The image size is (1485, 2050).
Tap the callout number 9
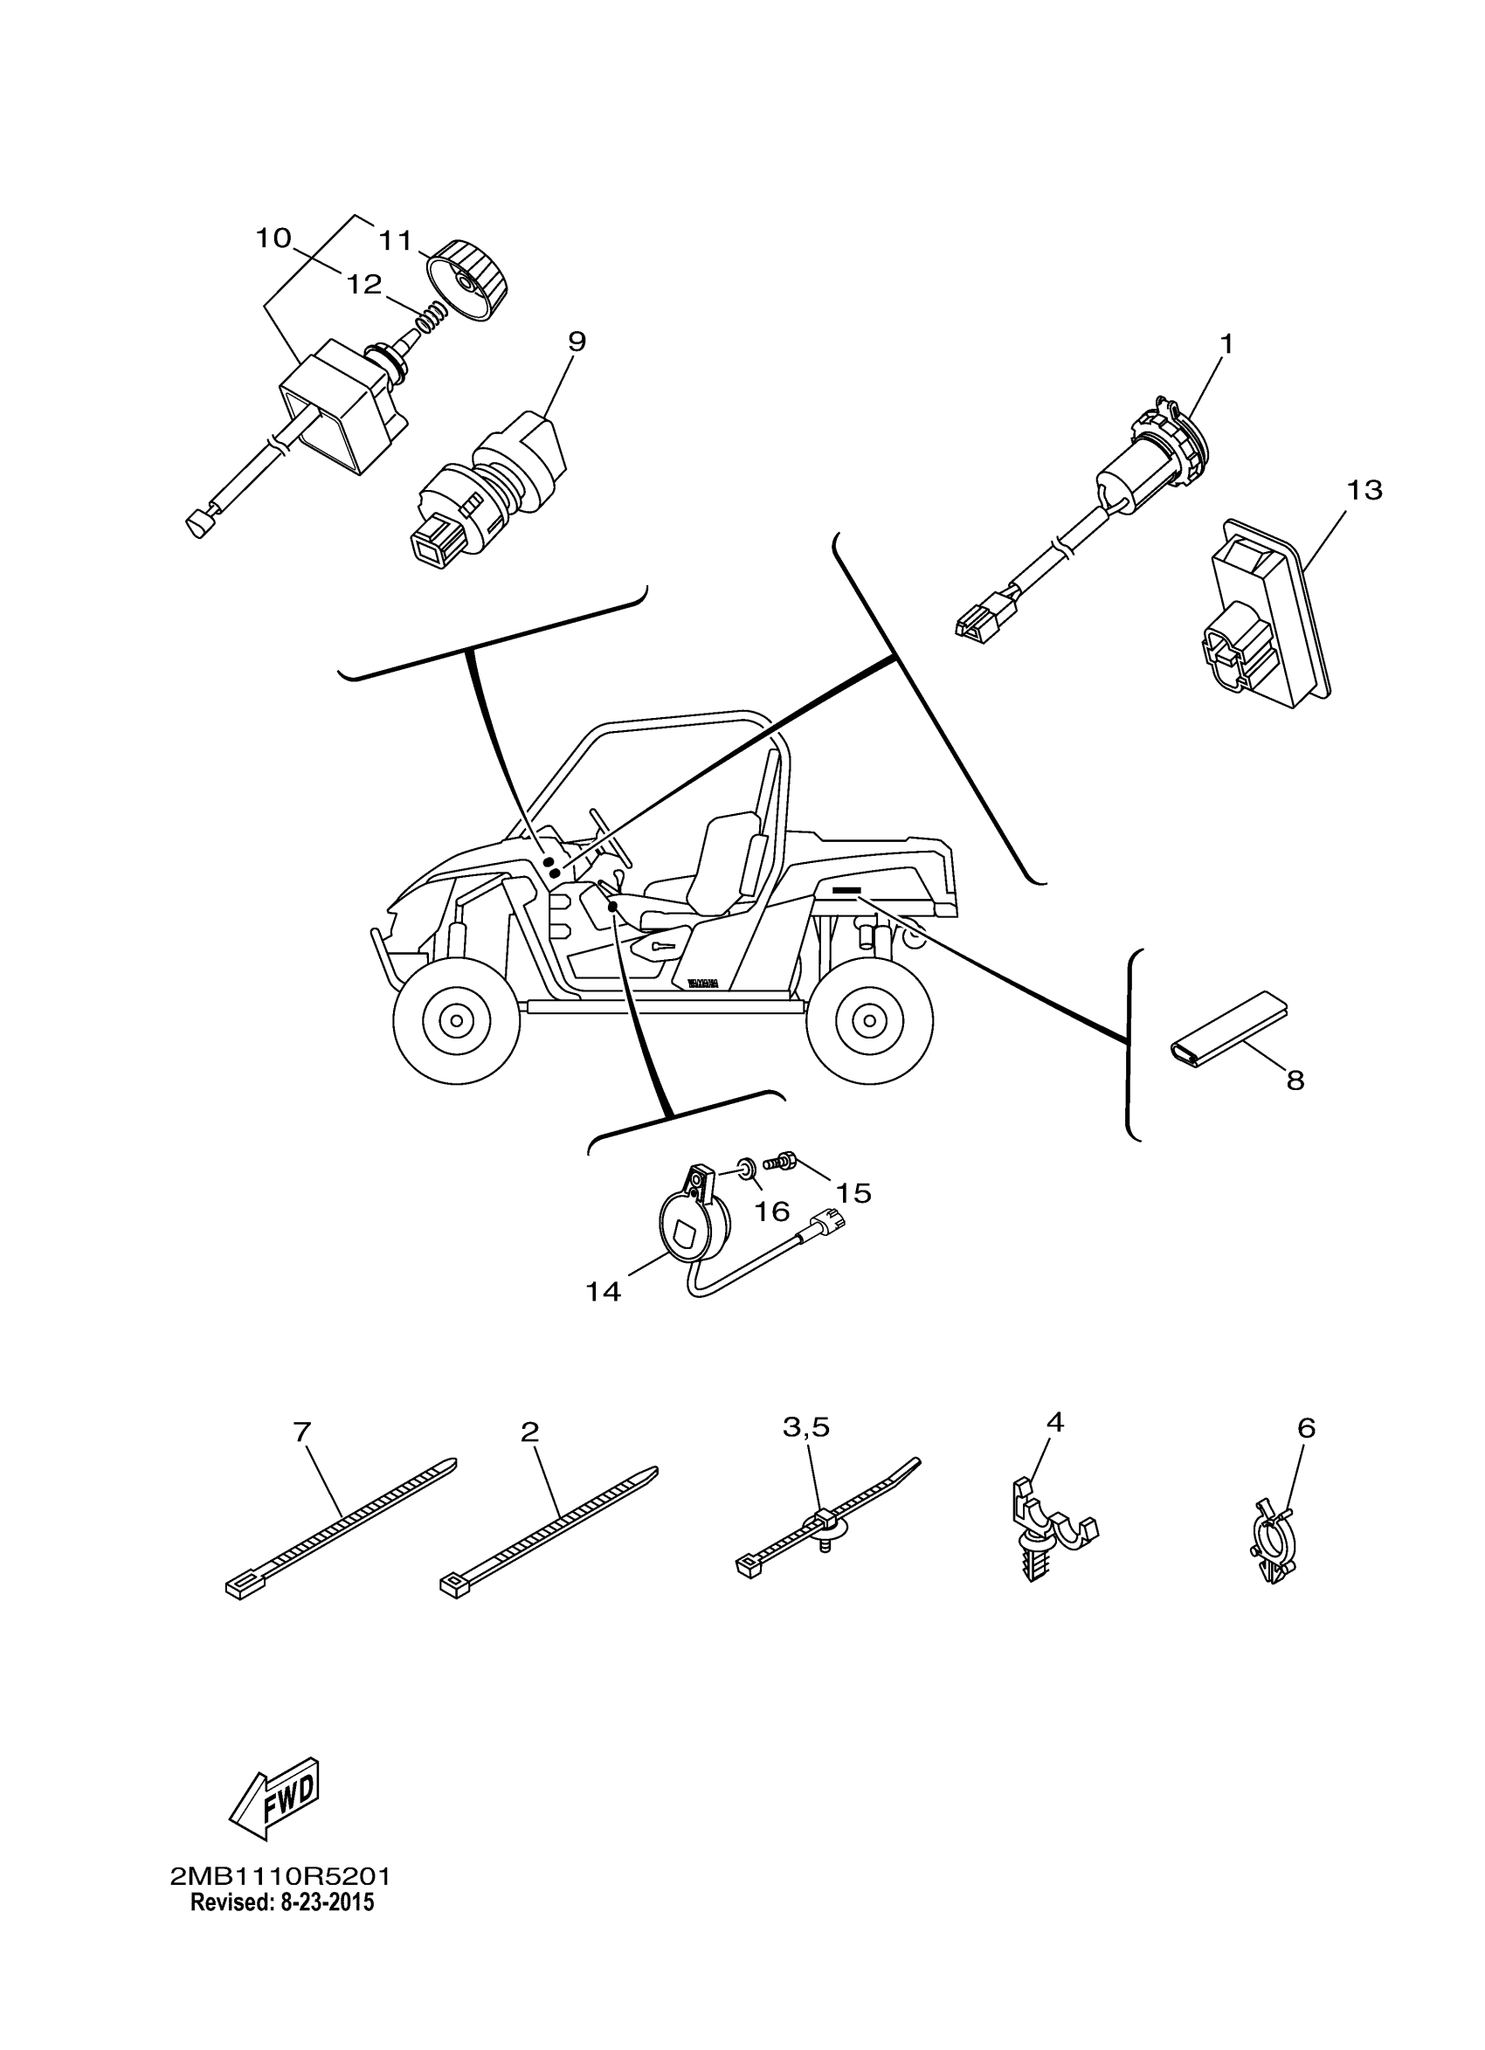coord(577,342)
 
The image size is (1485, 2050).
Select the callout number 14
coord(603,1292)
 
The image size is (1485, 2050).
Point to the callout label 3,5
coord(805,1427)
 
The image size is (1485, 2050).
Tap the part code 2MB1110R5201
coord(280,1877)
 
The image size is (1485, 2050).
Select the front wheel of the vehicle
coord(457,1020)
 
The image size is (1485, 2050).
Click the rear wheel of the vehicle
coord(869,1020)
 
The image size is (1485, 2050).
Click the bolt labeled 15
coord(779,1162)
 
